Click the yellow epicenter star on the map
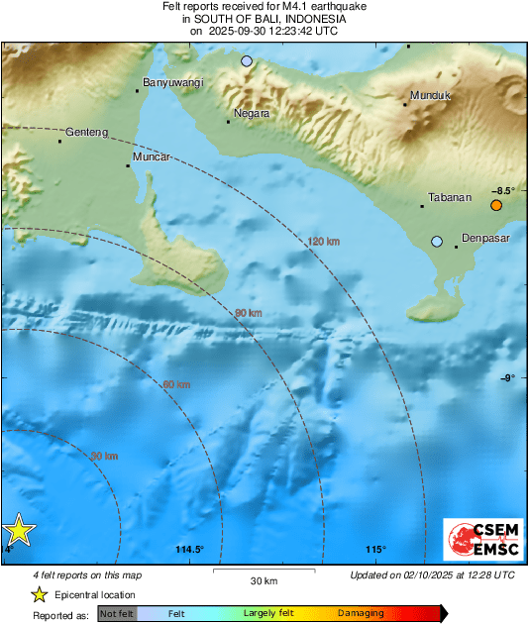18,532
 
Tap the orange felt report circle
496,205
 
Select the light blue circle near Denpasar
437,241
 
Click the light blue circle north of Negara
247,61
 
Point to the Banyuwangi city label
173,83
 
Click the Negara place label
252,113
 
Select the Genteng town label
86,132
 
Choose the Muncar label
153,157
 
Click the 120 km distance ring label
323,242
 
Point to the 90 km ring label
248,313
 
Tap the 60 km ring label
175,384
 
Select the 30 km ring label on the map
104,456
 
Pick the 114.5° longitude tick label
189,550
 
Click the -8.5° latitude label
503,190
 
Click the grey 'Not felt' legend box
117,614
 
